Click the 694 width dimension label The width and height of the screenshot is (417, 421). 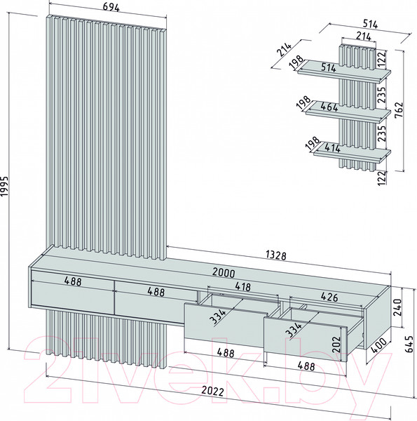click(111, 8)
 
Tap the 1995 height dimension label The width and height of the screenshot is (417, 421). click(5, 187)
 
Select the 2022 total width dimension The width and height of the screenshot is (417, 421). click(212, 392)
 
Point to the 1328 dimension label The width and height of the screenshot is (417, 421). click(276, 255)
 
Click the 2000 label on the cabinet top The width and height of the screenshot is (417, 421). click(224, 272)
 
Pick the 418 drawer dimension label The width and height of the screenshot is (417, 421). click(242, 287)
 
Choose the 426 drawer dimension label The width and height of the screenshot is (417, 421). click(329, 297)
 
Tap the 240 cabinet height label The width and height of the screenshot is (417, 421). click(397, 307)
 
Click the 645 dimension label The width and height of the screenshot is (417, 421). click(409, 345)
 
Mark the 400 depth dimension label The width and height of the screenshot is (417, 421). click(378, 345)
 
